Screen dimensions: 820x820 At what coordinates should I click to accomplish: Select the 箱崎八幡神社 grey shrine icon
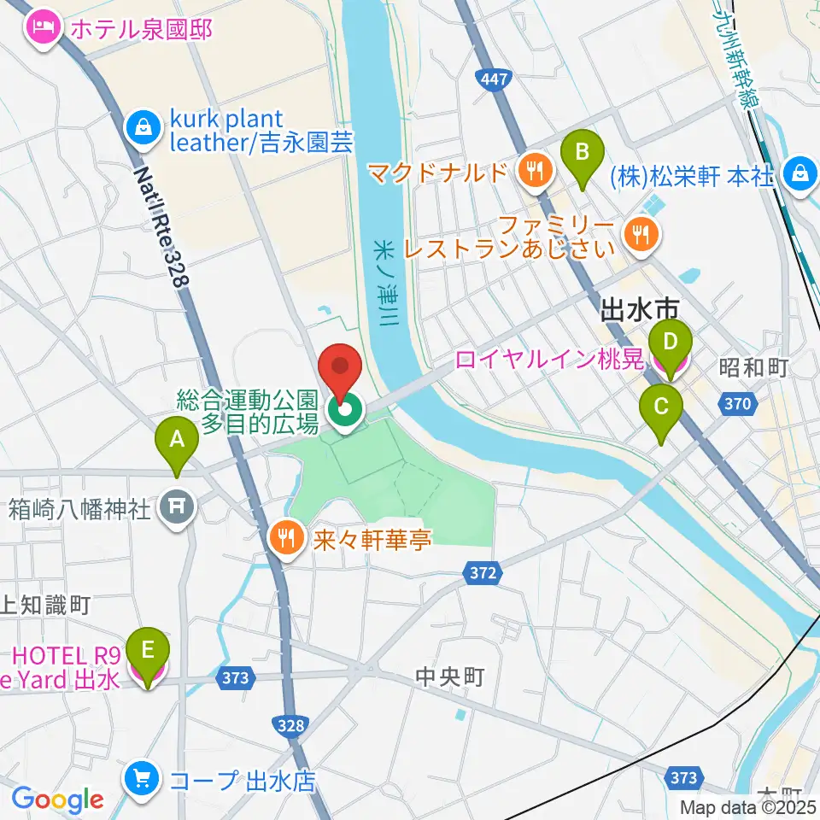[x=177, y=510]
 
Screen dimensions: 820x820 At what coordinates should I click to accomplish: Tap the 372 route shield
[x=483, y=573]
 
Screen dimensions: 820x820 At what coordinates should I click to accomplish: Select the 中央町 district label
[x=450, y=677]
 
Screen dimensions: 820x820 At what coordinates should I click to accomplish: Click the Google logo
[x=57, y=799]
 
